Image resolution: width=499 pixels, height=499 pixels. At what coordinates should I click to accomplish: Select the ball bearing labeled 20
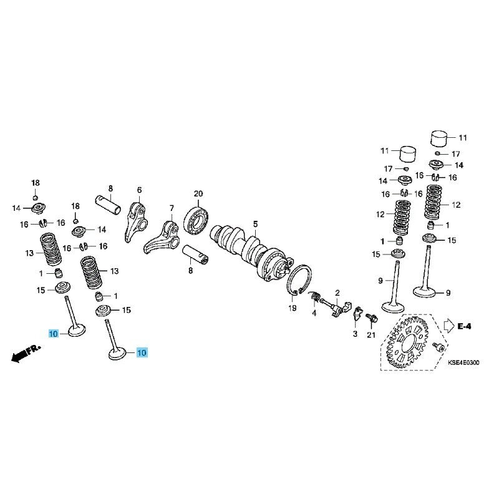point(196,220)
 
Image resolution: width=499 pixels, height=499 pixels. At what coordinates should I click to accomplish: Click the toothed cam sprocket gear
point(407,341)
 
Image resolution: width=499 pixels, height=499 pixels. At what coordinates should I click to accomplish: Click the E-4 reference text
point(464,326)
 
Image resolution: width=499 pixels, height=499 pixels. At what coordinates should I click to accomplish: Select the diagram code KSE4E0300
point(463,362)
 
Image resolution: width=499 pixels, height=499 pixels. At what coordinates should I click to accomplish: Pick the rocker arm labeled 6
point(135,222)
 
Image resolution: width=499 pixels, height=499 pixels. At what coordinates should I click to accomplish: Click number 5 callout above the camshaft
point(255,225)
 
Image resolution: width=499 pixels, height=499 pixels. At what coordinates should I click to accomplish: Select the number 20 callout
point(198,194)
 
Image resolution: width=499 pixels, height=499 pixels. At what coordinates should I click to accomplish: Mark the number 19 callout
point(292,308)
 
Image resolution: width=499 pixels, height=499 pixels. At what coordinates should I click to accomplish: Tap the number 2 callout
point(337,293)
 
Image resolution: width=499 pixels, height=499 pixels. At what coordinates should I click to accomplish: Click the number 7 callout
point(172,208)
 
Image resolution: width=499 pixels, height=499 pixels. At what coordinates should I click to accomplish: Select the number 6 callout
point(139,190)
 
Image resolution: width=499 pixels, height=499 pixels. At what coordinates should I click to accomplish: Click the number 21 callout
point(371,335)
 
